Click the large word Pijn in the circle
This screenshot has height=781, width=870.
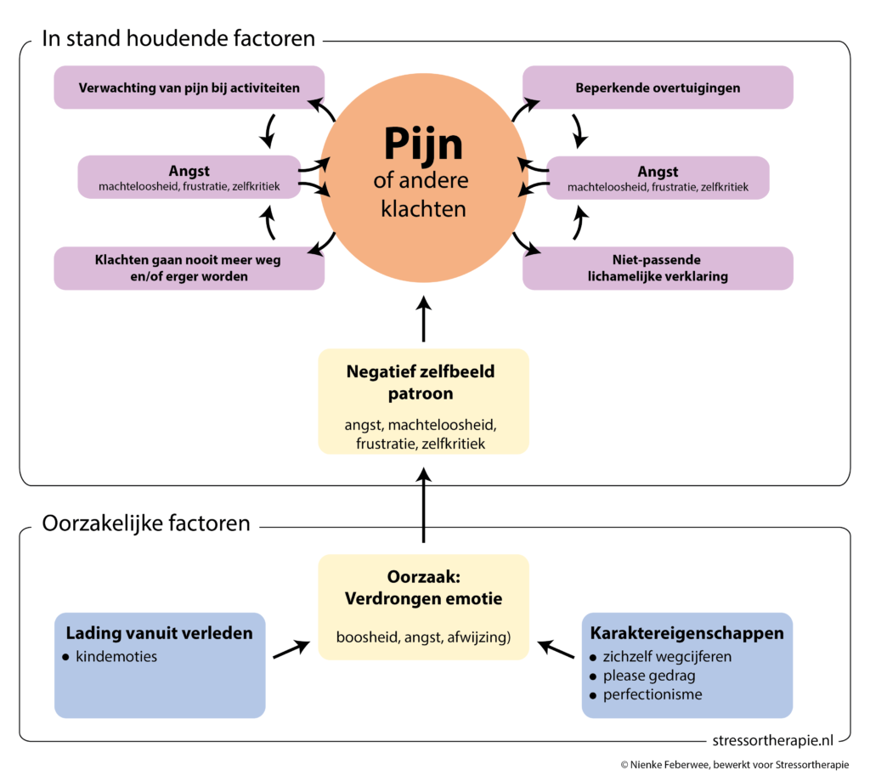point(423,144)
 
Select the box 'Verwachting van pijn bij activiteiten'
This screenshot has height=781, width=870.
point(189,88)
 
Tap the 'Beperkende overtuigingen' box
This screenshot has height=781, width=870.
point(658,88)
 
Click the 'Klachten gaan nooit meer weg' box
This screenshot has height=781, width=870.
point(189,268)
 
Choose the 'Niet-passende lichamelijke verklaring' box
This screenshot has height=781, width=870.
point(658,268)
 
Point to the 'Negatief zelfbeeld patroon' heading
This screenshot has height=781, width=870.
point(423,382)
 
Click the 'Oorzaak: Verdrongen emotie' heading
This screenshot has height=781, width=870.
point(423,587)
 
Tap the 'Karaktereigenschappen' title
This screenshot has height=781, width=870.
point(686,633)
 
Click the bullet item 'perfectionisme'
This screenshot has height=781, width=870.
point(652,694)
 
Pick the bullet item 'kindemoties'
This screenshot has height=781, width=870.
point(116,656)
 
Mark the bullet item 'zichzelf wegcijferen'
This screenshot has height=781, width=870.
point(666,656)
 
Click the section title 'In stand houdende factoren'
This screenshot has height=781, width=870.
point(178,38)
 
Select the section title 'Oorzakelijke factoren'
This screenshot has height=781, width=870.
point(146,523)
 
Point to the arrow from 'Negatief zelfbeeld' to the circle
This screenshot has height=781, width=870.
point(423,319)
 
